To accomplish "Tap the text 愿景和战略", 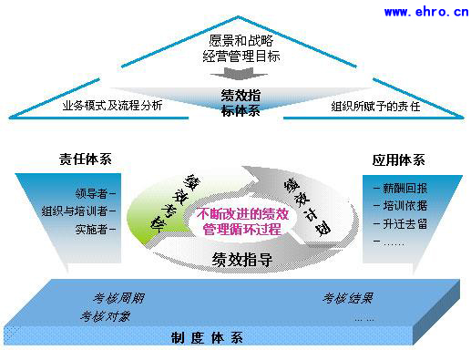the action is [x=241, y=40].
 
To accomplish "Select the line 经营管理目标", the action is [x=241, y=57].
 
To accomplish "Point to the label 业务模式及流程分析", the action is [x=112, y=105].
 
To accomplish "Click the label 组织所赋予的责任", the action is [x=374, y=105].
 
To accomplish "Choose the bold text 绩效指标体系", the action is [x=240, y=102].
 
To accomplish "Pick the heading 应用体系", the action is [x=398, y=159].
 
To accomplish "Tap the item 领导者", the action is [x=95, y=194].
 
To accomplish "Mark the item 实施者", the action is [x=95, y=229].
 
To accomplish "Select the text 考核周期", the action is [x=118, y=298].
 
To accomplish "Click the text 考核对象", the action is [x=106, y=316].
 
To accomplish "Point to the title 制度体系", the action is [x=207, y=339].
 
